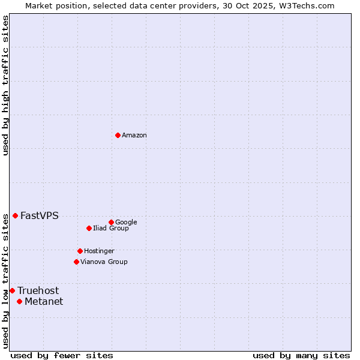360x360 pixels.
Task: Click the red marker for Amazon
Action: [x=118, y=135]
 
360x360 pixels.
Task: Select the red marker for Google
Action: [x=111, y=222]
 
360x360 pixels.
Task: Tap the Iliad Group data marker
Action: [x=89, y=228]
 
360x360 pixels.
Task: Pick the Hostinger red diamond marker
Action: [x=80, y=251]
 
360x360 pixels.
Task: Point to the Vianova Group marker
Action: [x=76, y=262]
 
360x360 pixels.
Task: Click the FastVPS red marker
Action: [x=15, y=215]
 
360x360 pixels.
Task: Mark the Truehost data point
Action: [x=12, y=290]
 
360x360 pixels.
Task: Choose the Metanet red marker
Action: [x=19, y=301]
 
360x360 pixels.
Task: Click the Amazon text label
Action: [x=134, y=136]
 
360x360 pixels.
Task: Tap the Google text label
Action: [x=126, y=223]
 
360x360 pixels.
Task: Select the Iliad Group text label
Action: [x=110, y=229]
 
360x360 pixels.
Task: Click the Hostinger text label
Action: [x=99, y=251]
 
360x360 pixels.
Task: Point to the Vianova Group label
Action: [x=104, y=262]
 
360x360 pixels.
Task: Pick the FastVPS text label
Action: [x=40, y=216]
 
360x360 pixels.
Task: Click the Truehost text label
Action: [x=38, y=291]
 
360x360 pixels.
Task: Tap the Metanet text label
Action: [x=44, y=302]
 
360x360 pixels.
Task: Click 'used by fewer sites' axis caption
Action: [x=62, y=355]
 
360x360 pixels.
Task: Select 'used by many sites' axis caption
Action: [x=301, y=355]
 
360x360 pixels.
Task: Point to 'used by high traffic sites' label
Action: [x=5, y=85]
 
